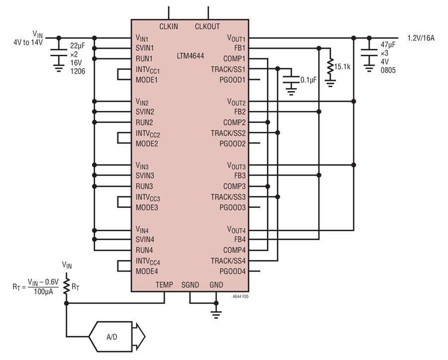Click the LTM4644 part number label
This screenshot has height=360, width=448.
click(190, 56)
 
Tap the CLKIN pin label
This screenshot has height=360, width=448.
click(169, 26)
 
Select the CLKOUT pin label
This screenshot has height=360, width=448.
click(208, 26)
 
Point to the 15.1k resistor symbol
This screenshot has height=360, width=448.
click(331, 67)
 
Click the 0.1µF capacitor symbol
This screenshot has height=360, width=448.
click(291, 80)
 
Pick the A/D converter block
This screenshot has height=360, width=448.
click(117, 337)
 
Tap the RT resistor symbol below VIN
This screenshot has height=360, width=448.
click(66, 286)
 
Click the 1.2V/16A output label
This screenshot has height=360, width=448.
click(421, 38)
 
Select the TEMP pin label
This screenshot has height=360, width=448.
click(164, 284)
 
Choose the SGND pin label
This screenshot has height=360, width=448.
click(190, 284)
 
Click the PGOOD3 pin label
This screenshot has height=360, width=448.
click(232, 207)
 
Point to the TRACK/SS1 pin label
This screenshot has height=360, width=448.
click(228, 70)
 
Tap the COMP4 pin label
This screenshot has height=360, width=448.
click(234, 250)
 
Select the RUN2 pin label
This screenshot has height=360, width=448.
click(144, 122)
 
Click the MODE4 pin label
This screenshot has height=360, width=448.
click(147, 271)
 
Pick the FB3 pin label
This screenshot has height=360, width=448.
click(240, 176)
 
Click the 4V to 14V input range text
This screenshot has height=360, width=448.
click(28, 43)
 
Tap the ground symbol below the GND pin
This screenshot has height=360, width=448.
click(216, 314)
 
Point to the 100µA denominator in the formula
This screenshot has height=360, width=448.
click(43, 292)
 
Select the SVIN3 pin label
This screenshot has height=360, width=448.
click(145, 176)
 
